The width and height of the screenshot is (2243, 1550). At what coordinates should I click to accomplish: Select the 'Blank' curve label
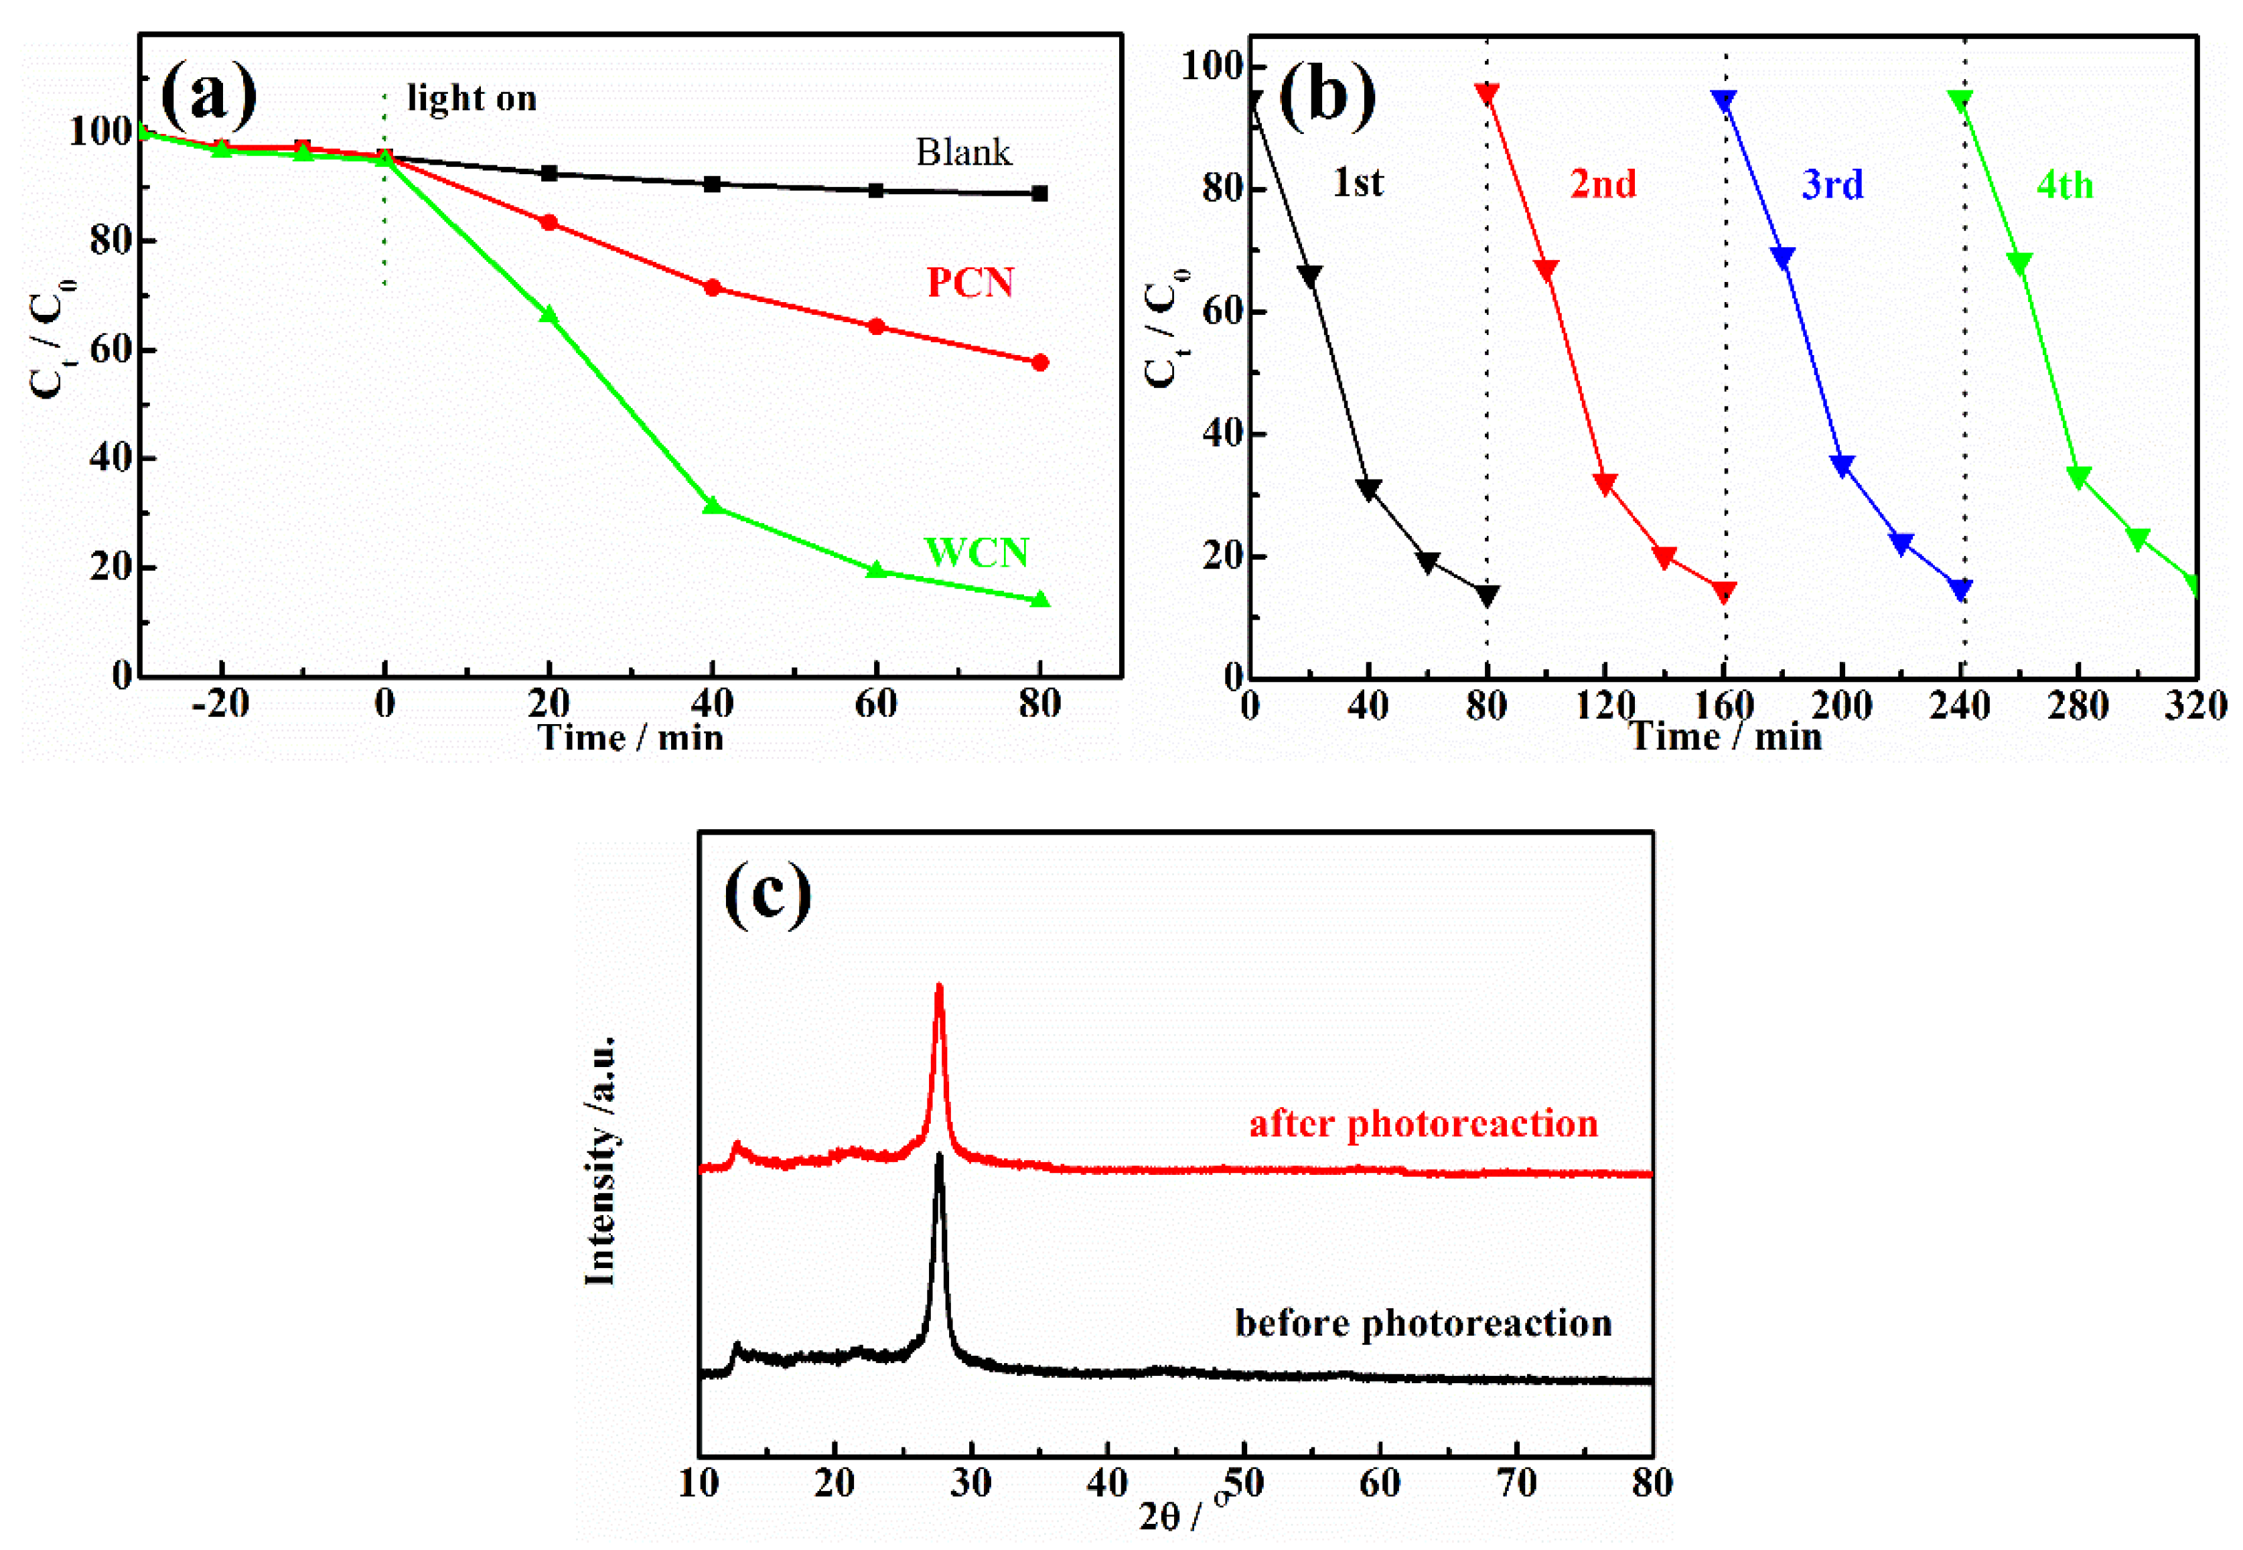click(962, 153)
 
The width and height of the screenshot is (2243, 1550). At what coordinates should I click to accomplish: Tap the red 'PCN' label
click(970, 283)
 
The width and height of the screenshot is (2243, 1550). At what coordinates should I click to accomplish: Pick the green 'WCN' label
click(976, 552)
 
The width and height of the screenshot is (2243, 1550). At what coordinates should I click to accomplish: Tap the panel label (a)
click(209, 94)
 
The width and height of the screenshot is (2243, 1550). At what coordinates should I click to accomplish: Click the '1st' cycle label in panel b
click(1358, 183)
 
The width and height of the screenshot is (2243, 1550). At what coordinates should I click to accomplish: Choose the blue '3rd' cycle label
click(1832, 184)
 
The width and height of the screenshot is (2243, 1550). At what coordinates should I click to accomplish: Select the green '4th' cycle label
click(2064, 184)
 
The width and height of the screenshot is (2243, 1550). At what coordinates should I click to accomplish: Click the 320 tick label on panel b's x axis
click(2195, 706)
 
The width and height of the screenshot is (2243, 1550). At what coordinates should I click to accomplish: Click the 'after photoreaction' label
click(1423, 1124)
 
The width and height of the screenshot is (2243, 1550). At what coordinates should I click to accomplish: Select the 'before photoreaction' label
click(1423, 1323)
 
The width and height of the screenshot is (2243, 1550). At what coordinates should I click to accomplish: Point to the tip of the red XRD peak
click(939, 988)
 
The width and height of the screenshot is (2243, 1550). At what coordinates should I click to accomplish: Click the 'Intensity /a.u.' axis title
click(601, 1161)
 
